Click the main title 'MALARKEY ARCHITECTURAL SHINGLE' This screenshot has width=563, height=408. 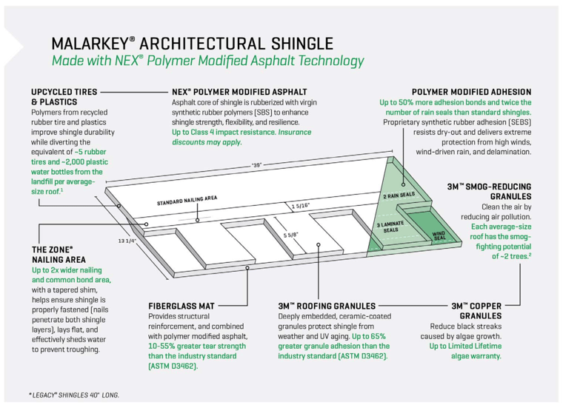coord(192,43)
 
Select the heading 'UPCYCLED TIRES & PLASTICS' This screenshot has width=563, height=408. coord(63,97)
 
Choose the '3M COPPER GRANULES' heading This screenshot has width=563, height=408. coord(476,310)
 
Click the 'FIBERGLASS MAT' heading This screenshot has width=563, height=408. coord(182,305)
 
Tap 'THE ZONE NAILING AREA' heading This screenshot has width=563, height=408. coord(59,255)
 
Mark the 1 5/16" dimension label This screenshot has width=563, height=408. coord(300,206)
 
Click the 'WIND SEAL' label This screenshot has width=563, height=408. coord(439,236)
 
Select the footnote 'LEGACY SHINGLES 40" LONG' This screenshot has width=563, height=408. coord(74,394)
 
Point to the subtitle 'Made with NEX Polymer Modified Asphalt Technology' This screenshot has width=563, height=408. coord(207,61)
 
